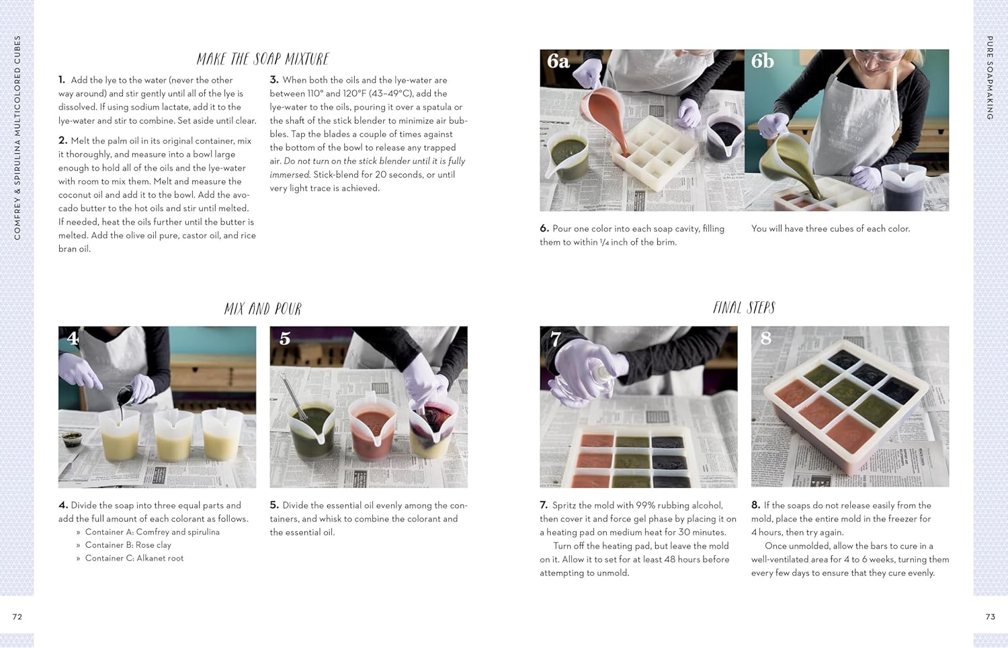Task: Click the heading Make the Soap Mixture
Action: click(263, 59)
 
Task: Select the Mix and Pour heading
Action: click(263, 309)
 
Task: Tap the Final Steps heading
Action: click(744, 308)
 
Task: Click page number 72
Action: click(17, 616)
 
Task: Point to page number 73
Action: click(990, 616)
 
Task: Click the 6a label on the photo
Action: click(558, 62)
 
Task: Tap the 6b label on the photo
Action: click(763, 62)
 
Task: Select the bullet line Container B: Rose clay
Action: click(128, 545)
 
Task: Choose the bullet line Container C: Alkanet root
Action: click(134, 558)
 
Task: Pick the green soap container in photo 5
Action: click(312, 430)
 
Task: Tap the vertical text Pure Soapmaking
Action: click(990, 77)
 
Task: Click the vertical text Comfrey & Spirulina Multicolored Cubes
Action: click(17, 138)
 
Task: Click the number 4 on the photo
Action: click(73, 339)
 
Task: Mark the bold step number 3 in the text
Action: click(274, 80)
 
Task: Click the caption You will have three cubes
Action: click(831, 229)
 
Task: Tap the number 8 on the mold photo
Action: click(765, 338)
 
